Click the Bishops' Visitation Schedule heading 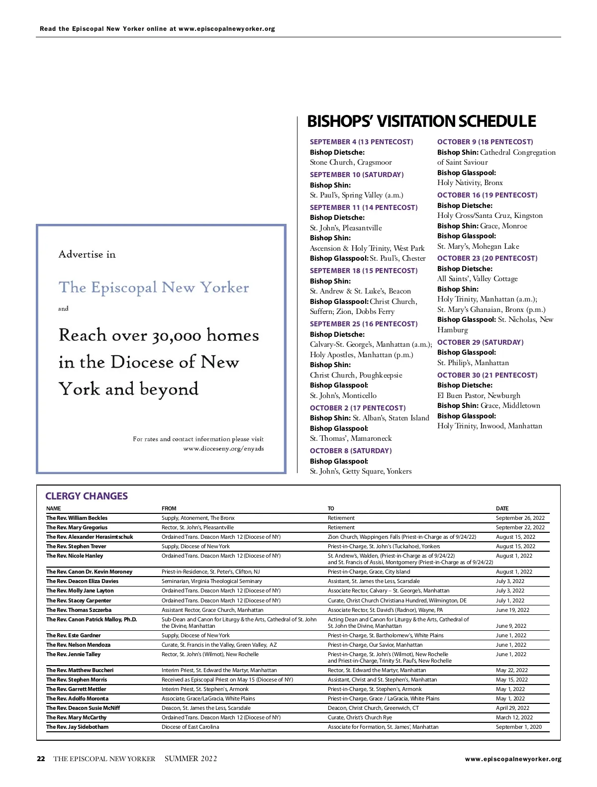click(421, 121)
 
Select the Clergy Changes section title click(87, 496)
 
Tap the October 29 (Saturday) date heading click(480, 342)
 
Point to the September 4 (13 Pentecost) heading click(361, 142)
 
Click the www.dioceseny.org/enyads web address click(223, 449)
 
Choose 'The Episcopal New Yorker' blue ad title click(154, 288)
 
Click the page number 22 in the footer click(41, 759)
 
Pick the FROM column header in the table click(169, 508)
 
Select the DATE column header click(502, 508)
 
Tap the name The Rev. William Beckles click(77, 518)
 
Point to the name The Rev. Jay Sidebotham click(77, 727)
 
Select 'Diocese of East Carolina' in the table click(190, 727)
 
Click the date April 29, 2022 click(512, 708)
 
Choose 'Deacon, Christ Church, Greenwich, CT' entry click(373, 708)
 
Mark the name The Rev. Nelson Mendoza click(78, 645)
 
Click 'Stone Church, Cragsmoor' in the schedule click(351, 162)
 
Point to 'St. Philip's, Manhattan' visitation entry click(473, 363)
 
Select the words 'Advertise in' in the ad click(87, 254)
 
